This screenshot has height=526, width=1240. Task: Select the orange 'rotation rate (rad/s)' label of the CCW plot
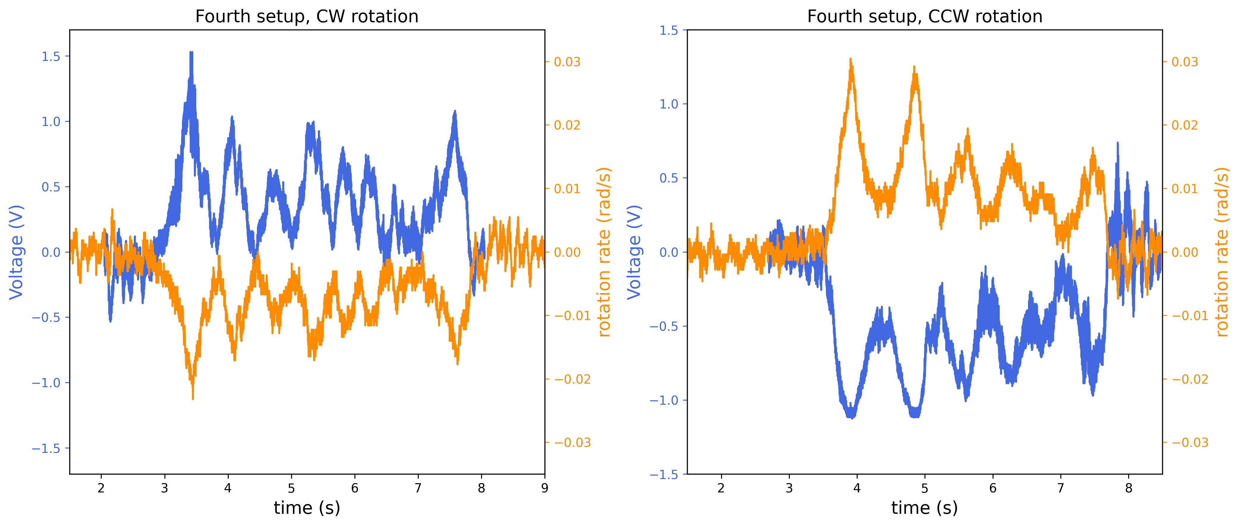[x=1223, y=252]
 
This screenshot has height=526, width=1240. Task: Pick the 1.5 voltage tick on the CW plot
[x=51, y=56]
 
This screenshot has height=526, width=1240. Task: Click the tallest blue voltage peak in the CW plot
[x=192, y=53]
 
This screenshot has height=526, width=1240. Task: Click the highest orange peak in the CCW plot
[x=851, y=59]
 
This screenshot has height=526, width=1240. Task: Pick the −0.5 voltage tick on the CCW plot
[x=665, y=326]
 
